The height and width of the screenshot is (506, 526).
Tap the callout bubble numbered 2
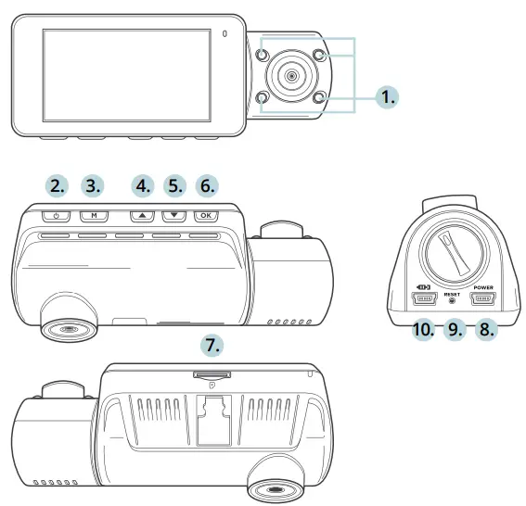click(x=58, y=185)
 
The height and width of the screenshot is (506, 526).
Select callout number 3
click(x=94, y=185)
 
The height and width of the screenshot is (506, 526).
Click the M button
click(x=94, y=216)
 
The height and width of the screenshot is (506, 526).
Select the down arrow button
click(x=173, y=216)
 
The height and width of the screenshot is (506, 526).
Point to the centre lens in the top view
click(x=290, y=76)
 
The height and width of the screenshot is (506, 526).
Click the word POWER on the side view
click(x=484, y=287)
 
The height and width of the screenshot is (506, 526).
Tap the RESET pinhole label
click(x=453, y=294)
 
